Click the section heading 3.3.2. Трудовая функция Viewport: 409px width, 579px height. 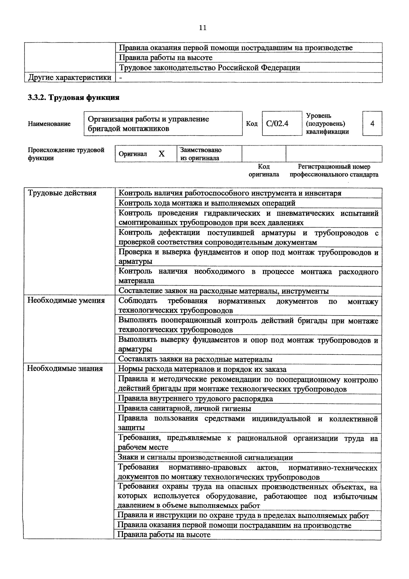(73, 98)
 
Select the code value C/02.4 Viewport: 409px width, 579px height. (277, 124)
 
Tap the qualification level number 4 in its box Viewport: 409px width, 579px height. (372, 124)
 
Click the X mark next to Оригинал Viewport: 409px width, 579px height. (161, 154)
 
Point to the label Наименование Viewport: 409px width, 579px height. (49, 124)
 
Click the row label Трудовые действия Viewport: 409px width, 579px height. (62, 193)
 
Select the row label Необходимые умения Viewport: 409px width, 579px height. (66, 300)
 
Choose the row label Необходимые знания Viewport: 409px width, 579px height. (65, 369)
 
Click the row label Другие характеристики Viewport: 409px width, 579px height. (70, 77)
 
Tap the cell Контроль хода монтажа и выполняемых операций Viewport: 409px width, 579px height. (207, 203)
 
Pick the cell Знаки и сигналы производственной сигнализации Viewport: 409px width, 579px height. (205, 457)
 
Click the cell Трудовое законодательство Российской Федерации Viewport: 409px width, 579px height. (209, 68)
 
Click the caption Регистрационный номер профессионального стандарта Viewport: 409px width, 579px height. (334, 170)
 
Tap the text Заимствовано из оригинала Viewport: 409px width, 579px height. (201, 154)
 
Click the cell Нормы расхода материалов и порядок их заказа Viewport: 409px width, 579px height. (202, 369)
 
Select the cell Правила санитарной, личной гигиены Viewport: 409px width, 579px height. (184, 409)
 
